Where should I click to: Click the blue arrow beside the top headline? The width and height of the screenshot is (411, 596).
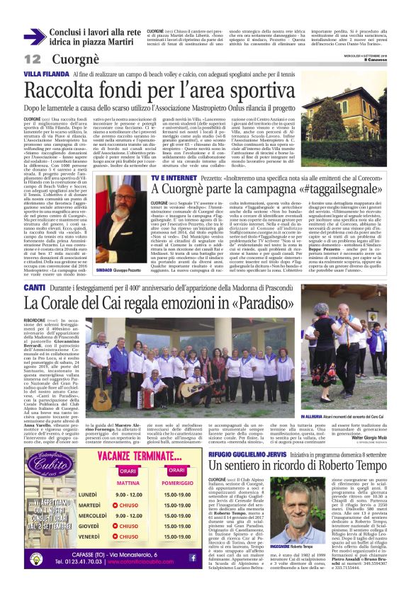point(34,37)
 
